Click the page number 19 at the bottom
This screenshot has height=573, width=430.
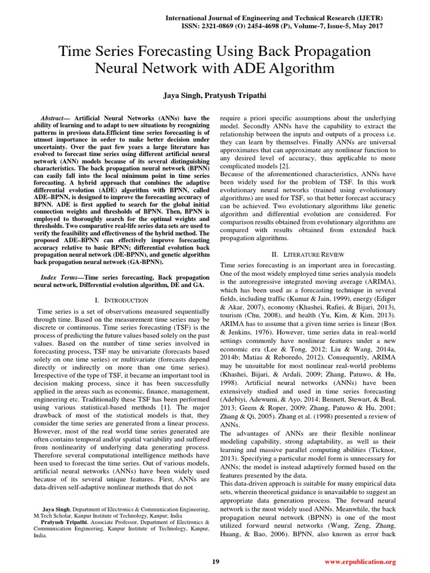coord(215,561)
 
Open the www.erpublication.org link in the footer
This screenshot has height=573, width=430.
coord(360,561)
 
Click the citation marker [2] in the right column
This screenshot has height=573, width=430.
coord(284,166)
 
